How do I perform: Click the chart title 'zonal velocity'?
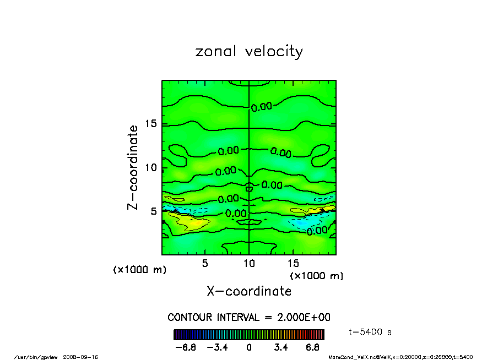tap(249, 52)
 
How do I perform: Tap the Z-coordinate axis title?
tap(133, 167)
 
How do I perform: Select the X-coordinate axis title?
tap(249, 291)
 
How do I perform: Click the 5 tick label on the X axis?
tap(205, 263)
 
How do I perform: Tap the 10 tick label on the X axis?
tap(249, 263)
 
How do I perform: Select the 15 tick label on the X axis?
tap(293, 263)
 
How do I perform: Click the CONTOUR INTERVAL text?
tap(249, 318)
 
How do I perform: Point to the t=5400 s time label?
tap(371, 332)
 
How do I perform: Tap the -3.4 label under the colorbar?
tap(217, 347)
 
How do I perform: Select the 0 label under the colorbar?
tap(249, 347)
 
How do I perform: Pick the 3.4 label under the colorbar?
tap(281, 347)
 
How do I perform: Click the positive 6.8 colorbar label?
tap(313, 347)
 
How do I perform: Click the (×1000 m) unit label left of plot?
tap(140, 270)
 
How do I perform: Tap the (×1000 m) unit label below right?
tap(317, 276)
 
